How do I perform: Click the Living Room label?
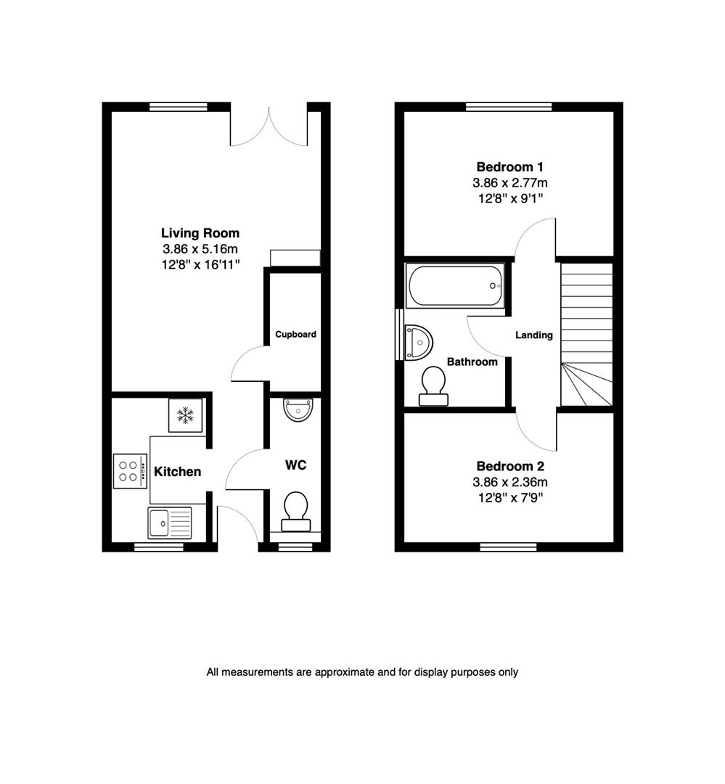point(200,233)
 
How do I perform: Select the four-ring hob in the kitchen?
point(129,470)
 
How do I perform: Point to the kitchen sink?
point(170,523)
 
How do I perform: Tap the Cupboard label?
point(295,335)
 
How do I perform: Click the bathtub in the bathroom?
point(455,286)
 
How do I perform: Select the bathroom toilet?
point(433,385)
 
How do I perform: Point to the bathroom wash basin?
point(418,341)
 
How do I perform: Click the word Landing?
point(534,335)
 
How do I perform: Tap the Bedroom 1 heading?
point(510,167)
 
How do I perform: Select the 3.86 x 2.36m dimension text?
point(510,482)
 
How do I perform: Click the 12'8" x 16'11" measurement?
point(200,265)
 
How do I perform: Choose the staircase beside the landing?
point(587,334)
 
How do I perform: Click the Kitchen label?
point(178,472)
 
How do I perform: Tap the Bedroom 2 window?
point(508,546)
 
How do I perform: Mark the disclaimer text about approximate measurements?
point(362,672)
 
